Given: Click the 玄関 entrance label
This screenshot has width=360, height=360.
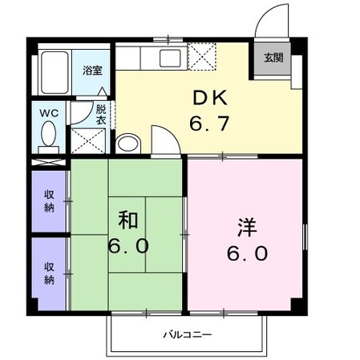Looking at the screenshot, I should coord(273,58).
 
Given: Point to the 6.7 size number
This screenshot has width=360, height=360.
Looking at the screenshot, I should coord(208,126).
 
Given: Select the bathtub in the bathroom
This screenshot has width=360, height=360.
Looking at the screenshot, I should coord(55,73).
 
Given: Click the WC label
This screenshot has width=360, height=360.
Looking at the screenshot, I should coord(48,113).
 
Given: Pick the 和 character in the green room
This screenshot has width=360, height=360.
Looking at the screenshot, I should coord(127,218).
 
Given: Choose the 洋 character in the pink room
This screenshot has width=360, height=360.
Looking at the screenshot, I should coord(246,226).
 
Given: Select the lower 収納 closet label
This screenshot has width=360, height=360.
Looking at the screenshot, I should coord(49,273).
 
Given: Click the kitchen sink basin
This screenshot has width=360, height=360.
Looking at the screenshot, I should coord(169,58).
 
